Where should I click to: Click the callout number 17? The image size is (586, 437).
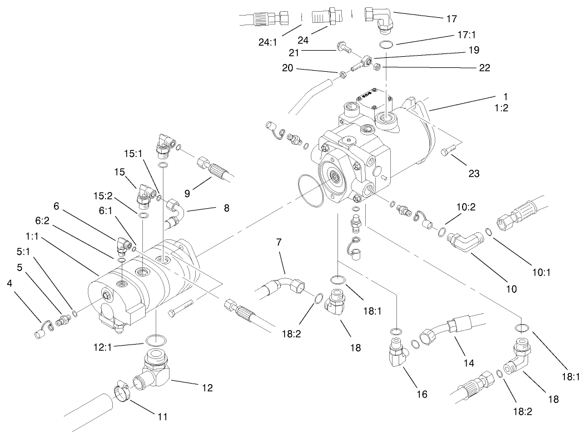[x=451, y=18]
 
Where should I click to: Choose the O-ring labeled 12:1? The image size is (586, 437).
[x=155, y=340]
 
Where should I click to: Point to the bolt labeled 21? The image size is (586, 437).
[x=345, y=50]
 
